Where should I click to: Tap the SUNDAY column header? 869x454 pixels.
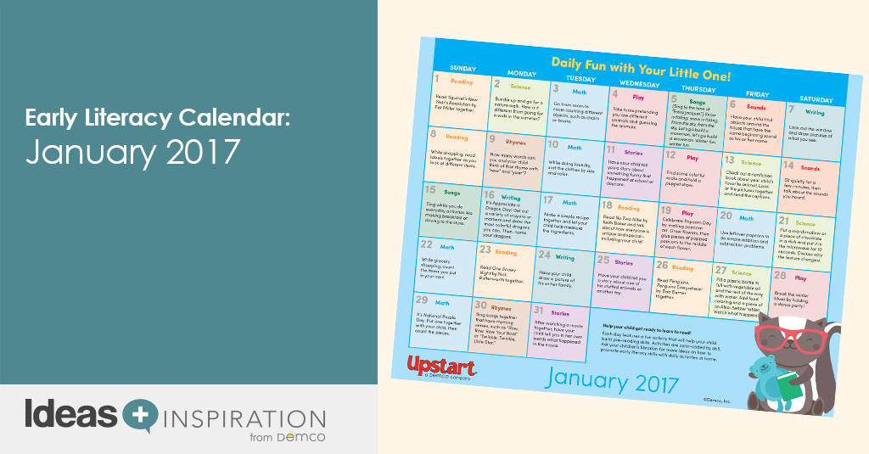463,67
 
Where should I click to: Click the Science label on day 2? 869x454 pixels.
519,87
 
